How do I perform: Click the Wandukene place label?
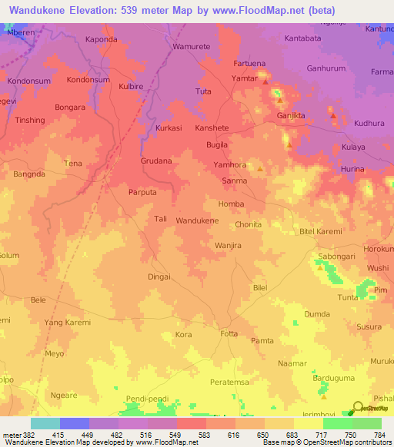coord(197,220)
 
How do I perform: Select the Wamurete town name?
coord(191,47)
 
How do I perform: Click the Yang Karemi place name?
coord(67,322)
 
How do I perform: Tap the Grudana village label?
coord(156,161)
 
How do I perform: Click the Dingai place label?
coord(159,276)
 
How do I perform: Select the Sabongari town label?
coord(339,257)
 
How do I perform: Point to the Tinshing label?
coord(30,121)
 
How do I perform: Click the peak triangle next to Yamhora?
coord(260,169)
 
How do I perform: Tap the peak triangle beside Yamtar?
coord(265,81)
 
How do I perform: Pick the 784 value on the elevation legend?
coord(380,434)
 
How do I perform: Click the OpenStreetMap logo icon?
coord(356,409)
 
